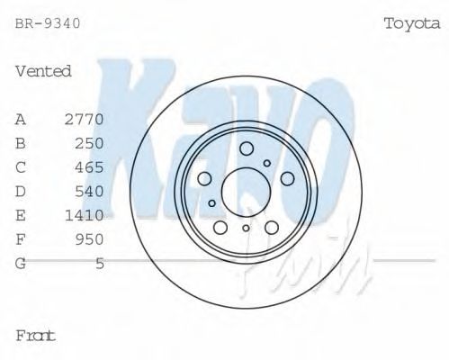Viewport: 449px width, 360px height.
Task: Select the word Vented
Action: click(x=43, y=71)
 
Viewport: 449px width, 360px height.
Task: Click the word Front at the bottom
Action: click(x=36, y=336)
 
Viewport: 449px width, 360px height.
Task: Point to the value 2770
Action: click(x=85, y=119)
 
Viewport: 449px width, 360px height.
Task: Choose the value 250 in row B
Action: click(x=90, y=143)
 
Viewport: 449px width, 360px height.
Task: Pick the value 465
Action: click(x=90, y=167)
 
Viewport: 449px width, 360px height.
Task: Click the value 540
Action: click(x=90, y=191)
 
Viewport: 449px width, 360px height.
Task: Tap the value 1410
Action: click(x=85, y=215)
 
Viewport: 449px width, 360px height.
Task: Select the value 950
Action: click(x=90, y=239)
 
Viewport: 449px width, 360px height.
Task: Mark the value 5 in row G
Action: click(x=100, y=264)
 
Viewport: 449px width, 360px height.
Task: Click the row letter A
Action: click(x=21, y=119)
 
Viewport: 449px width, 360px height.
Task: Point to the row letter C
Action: click(x=21, y=167)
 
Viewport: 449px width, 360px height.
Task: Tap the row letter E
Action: click(x=21, y=215)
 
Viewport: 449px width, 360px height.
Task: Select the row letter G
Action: click(x=21, y=264)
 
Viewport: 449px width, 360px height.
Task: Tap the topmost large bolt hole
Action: click(x=247, y=148)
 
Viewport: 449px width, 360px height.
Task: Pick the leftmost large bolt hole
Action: click(x=204, y=178)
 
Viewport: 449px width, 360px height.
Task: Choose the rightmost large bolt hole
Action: click(x=286, y=178)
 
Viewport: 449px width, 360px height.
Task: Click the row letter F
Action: click(x=21, y=239)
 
